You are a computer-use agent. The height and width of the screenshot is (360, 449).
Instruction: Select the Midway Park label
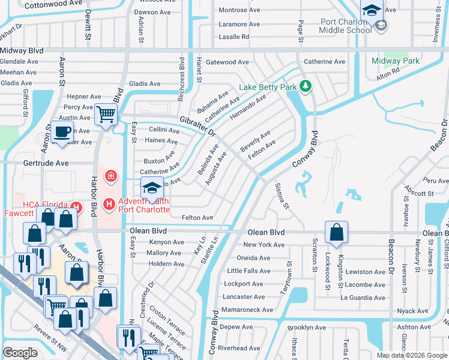click(396, 61)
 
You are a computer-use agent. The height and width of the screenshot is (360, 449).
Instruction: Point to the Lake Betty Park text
click(268, 87)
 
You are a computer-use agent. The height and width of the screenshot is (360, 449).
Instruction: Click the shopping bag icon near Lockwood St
click(337, 232)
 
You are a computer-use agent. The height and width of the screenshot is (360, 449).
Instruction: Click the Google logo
click(20, 352)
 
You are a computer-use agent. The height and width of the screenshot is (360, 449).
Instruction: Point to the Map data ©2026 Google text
click(412, 355)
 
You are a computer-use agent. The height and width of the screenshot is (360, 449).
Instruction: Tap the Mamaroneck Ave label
click(248, 310)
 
